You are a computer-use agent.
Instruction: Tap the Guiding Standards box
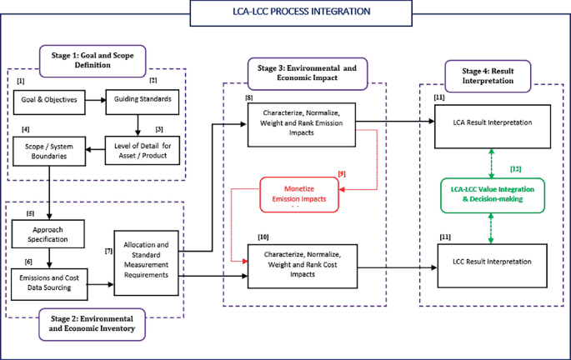tap(142, 100)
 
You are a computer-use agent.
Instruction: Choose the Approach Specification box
tap(48, 233)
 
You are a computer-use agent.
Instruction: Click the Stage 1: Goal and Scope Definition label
tap(92, 57)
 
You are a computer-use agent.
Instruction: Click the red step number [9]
tap(341, 173)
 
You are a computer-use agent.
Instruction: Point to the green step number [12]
tap(516, 169)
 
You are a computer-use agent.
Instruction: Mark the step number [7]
tap(108, 250)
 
